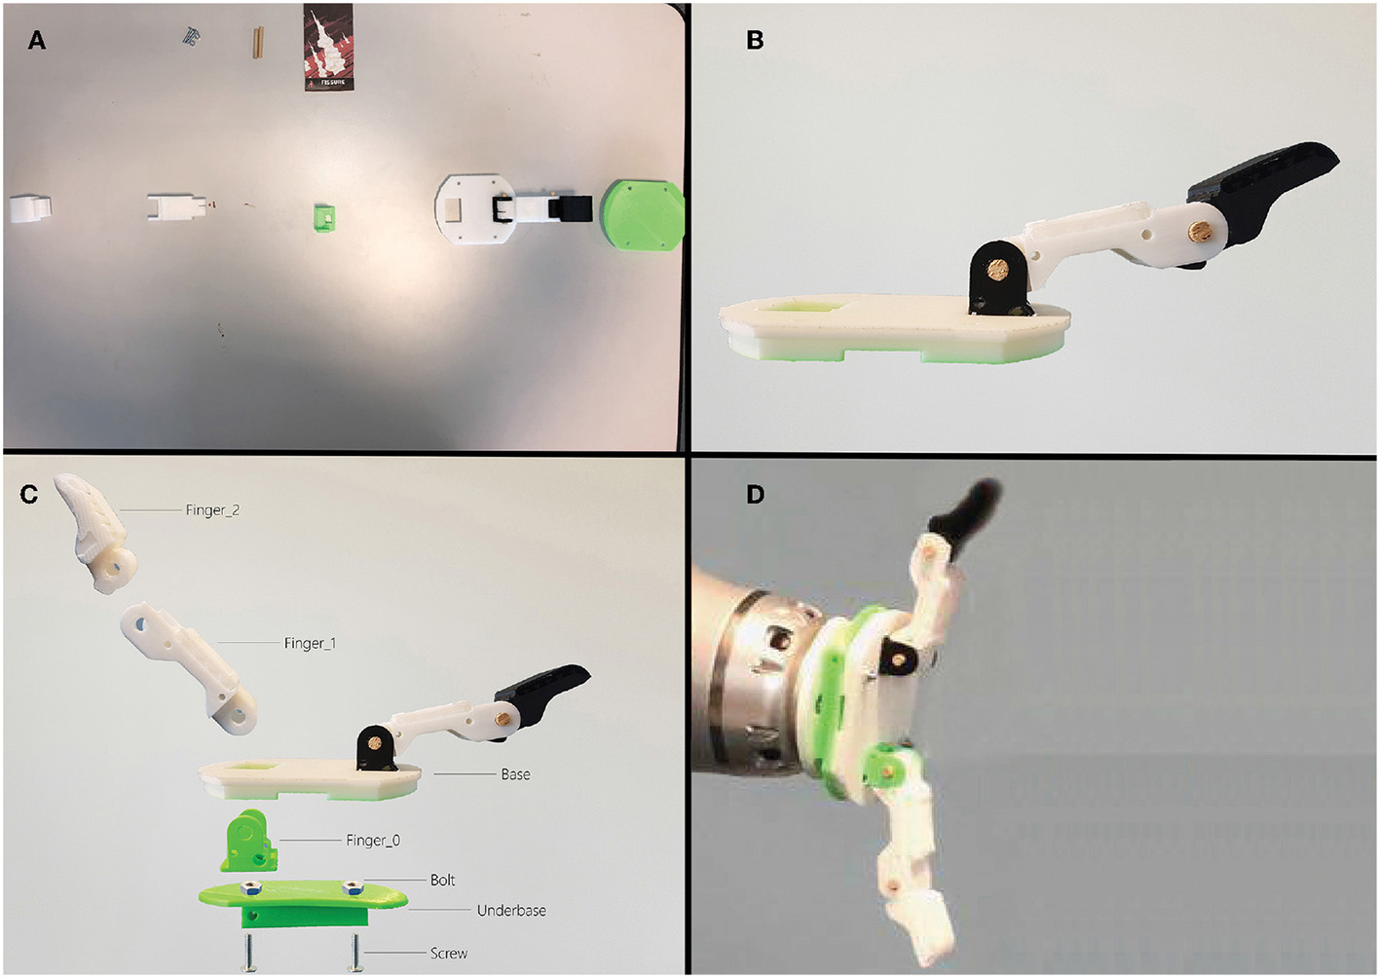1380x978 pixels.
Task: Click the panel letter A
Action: pos(37,41)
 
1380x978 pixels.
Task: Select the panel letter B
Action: pos(755,41)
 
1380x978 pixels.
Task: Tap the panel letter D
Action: pos(756,494)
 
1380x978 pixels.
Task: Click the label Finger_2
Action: pos(212,510)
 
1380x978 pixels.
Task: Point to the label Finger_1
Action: pos(310,643)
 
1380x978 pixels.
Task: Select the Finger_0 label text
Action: pos(373,840)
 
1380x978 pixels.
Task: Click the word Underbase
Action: pos(511,910)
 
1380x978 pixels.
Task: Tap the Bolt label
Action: pos(442,880)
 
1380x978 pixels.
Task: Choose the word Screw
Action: pos(449,954)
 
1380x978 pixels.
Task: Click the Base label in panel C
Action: pos(515,774)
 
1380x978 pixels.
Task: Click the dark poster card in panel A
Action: pos(328,47)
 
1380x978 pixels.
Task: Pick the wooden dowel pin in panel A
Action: pos(258,42)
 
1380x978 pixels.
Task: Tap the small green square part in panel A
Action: pos(324,217)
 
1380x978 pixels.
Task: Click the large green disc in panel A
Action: pos(643,214)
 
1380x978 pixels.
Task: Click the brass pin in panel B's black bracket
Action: pos(998,269)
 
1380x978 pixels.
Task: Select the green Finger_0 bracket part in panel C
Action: pos(249,841)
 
